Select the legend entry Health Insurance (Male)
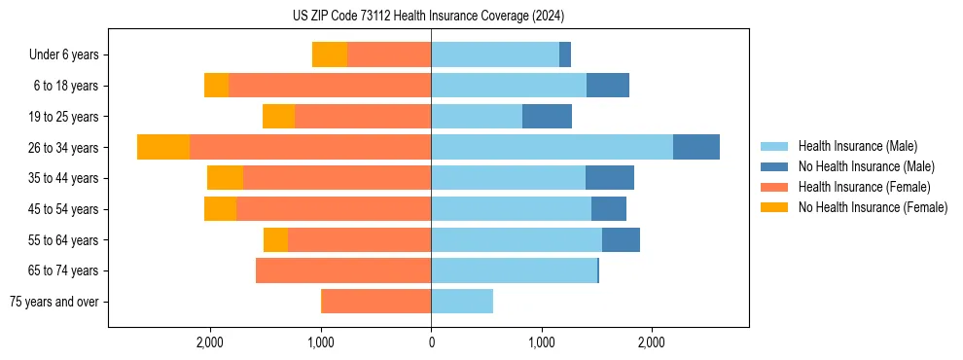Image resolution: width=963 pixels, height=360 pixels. tap(856, 146)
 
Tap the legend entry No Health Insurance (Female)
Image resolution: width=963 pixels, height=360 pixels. tap(873, 207)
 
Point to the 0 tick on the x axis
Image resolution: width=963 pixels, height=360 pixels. tap(431, 342)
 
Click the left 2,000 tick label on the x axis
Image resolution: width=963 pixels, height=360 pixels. tap(211, 342)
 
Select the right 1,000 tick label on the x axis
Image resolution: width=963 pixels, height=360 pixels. tap(541, 342)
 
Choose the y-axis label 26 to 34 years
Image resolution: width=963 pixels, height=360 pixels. tap(64, 148)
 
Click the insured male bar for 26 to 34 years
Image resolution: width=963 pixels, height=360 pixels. tap(552, 147)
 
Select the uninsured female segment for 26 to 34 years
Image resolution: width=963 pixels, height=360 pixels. tap(163, 147)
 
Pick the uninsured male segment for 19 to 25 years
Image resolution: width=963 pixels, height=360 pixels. tap(547, 117)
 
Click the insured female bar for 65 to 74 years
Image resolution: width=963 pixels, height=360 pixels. tap(343, 270)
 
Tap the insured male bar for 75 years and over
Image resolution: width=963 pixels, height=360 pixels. tap(462, 302)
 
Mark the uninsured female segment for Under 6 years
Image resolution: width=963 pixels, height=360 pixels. tap(330, 54)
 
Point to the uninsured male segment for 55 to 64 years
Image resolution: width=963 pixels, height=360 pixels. tap(621, 239)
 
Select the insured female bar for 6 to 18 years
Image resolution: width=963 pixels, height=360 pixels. tap(330, 86)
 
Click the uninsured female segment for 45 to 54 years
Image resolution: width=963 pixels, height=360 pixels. tap(220, 209)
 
